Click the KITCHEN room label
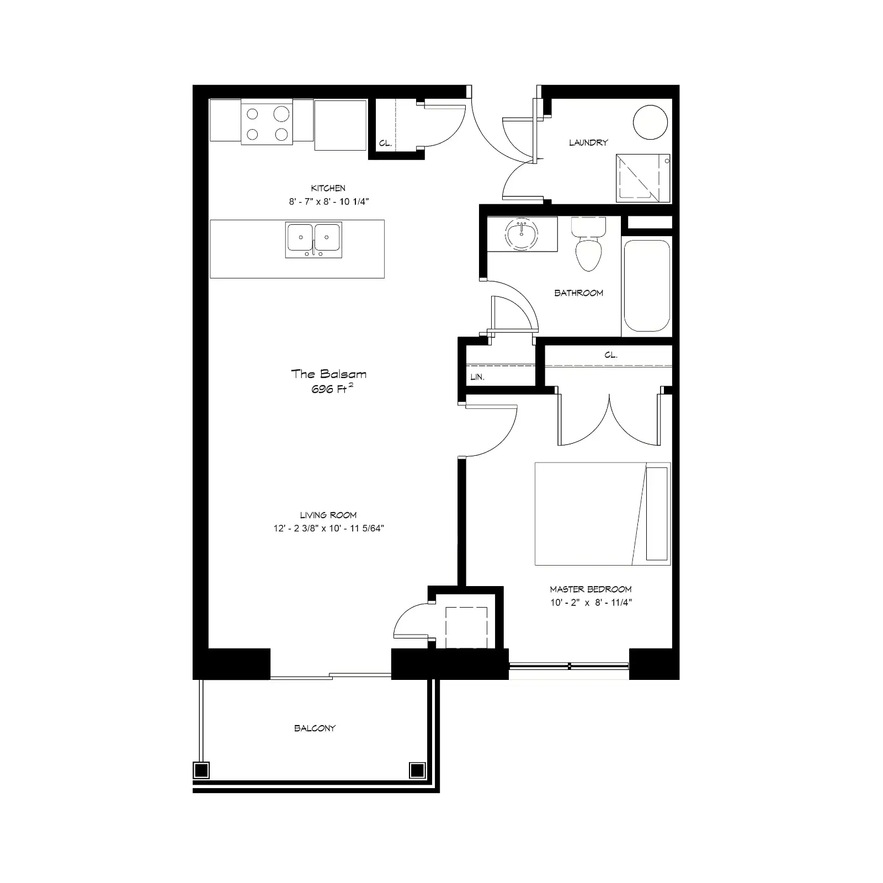tap(328, 188)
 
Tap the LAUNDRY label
tap(588, 142)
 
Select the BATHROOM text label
tap(578, 293)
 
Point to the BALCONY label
tap(315, 728)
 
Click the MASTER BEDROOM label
tap(591, 589)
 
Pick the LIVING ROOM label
tap(328, 515)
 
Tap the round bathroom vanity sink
tap(522, 234)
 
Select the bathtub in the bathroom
tap(646, 286)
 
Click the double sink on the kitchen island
tap(313, 240)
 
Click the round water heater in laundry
tap(650, 122)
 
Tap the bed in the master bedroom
tap(603, 514)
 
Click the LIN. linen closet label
tap(477, 377)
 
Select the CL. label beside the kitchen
tap(385, 143)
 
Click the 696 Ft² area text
tap(332, 389)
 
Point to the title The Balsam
tap(328, 374)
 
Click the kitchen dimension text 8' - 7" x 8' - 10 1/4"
tap(328, 201)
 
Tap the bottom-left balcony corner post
tap(201, 769)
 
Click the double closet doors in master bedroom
tap(609, 419)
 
